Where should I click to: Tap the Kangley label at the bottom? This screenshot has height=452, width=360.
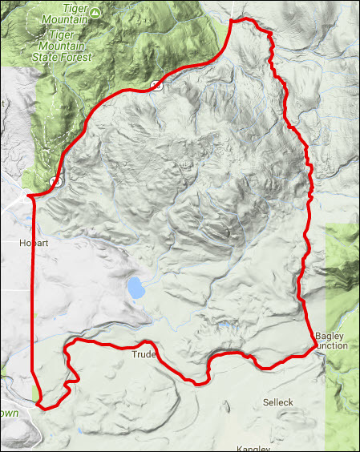[255, 448]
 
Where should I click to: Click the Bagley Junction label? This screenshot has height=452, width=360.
[331, 340]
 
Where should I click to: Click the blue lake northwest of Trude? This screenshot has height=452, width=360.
[136, 289]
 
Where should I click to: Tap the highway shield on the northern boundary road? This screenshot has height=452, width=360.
[157, 85]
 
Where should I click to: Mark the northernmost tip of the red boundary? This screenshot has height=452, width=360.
[233, 20]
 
